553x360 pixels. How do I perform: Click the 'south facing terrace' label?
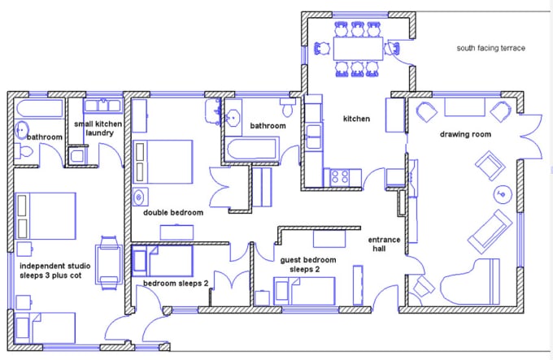tap(490, 49)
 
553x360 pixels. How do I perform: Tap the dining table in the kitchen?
tap(357, 50)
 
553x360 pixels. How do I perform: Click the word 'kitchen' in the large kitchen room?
tap(356, 119)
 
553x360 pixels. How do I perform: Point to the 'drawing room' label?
tap(465, 134)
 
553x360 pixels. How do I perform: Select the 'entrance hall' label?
tap(384, 244)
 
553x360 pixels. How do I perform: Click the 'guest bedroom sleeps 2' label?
tap(307, 264)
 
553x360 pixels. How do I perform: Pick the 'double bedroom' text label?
tap(173, 213)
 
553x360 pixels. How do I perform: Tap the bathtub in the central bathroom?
tap(251, 149)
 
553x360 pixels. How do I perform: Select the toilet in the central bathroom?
tap(288, 107)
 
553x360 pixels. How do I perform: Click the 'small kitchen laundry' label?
tap(98, 128)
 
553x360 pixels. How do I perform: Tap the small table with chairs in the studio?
tap(110, 255)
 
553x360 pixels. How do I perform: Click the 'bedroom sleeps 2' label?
tap(176, 284)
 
